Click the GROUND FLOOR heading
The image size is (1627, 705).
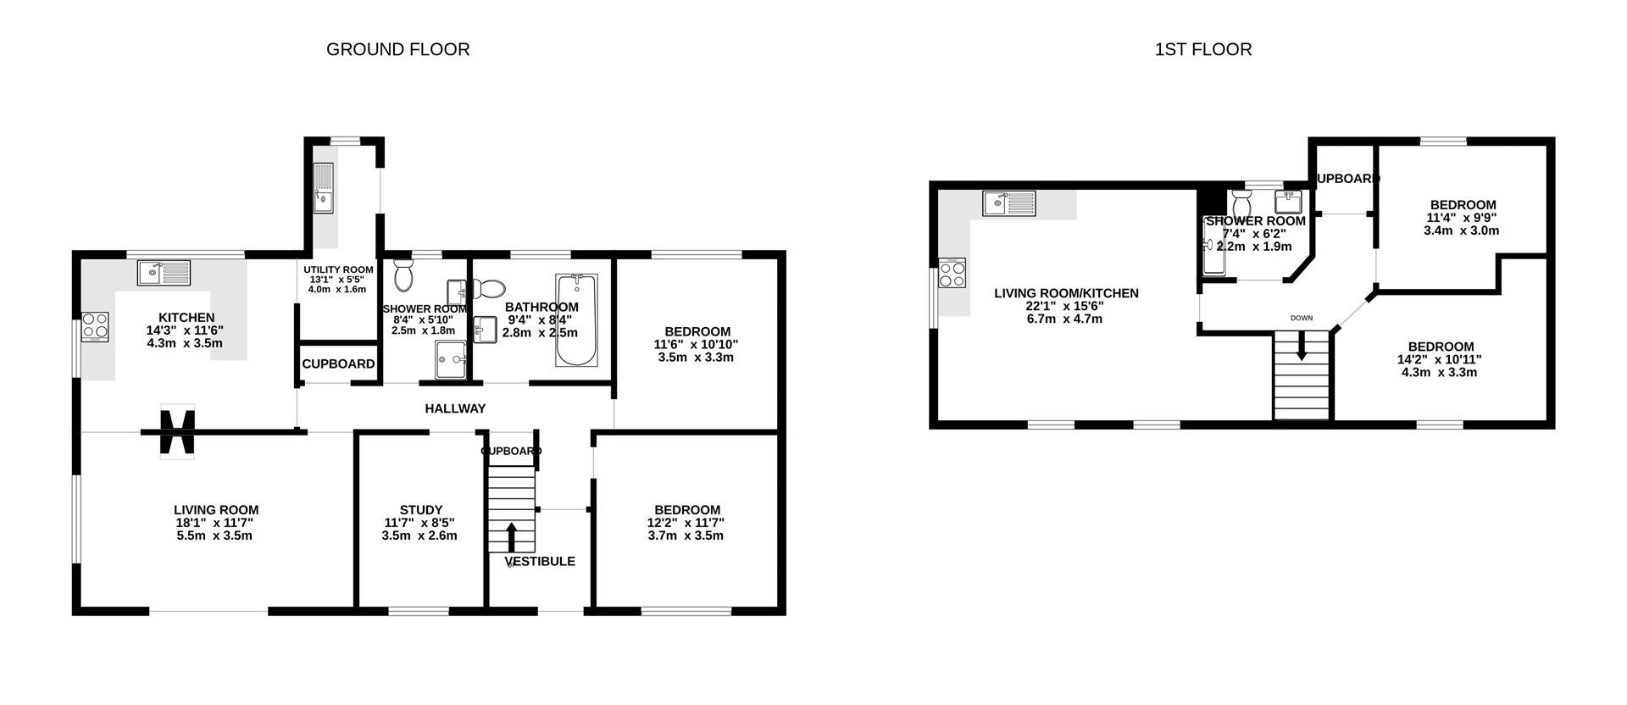(x=397, y=49)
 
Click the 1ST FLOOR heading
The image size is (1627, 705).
(x=1203, y=49)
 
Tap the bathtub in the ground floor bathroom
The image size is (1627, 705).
(x=577, y=319)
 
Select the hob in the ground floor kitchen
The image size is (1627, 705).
(x=95, y=327)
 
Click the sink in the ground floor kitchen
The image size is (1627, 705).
(x=164, y=273)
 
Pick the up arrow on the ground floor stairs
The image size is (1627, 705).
(x=511, y=537)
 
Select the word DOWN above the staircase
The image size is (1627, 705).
(x=1302, y=319)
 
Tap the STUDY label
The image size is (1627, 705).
(x=421, y=510)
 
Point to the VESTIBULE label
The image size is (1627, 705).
(x=540, y=561)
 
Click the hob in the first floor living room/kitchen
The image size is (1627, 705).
(x=952, y=273)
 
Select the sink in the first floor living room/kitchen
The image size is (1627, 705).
(x=1009, y=203)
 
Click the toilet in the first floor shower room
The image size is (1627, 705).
(x=1242, y=203)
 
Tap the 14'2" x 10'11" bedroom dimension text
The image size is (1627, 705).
(x=1441, y=359)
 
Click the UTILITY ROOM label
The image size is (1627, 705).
(x=339, y=269)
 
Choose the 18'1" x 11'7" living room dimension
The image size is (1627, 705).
(x=216, y=523)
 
